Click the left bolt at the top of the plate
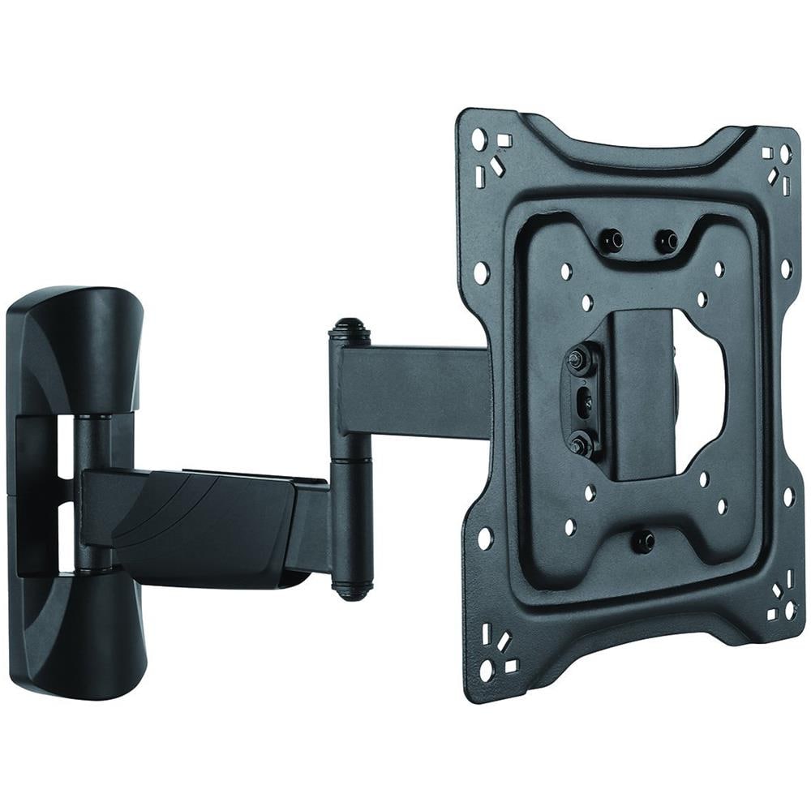[611, 239]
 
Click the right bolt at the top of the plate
[667, 241]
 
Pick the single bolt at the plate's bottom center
[643, 540]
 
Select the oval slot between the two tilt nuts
[581, 401]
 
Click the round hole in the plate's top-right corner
[785, 153]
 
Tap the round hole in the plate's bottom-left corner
[487, 670]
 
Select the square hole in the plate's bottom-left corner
[511, 666]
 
